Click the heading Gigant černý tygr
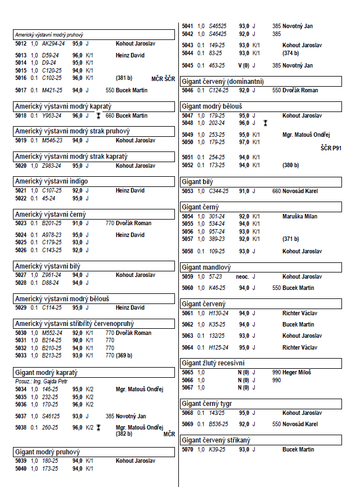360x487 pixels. click(x=208, y=404)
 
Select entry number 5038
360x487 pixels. click(x=21, y=428)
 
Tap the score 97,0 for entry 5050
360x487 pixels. click(x=244, y=142)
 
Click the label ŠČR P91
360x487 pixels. click(x=331, y=148)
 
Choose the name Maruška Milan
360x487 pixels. click(x=300, y=216)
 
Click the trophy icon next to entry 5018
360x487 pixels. click(x=98, y=115)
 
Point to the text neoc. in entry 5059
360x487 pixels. click(x=243, y=277)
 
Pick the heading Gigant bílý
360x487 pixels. click(x=197, y=182)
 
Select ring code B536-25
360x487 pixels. click(x=219, y=424)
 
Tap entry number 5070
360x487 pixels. click(x=187, y=450)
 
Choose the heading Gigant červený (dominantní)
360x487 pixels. click(x=223, y=82)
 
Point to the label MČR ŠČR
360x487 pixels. click(x=163, y=78)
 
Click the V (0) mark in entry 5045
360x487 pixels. click(x=244, y=66)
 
